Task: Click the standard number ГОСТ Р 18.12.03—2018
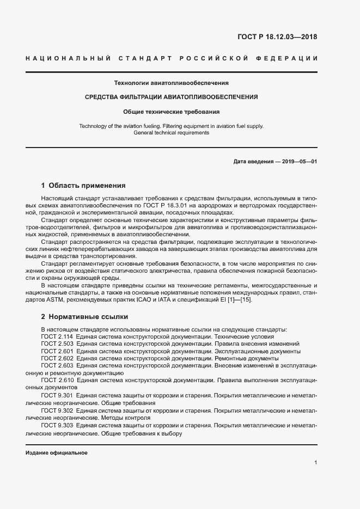click(x=277, y=37)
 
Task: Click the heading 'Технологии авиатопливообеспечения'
click(x=171, y=83)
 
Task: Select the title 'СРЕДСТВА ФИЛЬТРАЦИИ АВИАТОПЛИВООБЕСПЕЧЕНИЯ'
click(x=171, y=97)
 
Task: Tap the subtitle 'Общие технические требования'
click(x=171, y=112)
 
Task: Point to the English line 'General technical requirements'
click(x=171, y=132)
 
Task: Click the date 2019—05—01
click(x=298, y=162)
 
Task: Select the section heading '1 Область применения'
click(x=83, y=185)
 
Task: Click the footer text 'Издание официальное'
click(x=57, y=453)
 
